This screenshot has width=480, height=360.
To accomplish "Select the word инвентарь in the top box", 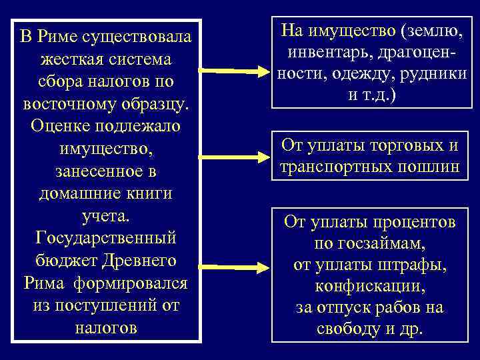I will tap(323, 52).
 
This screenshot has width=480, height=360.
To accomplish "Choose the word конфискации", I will tap(369, 287).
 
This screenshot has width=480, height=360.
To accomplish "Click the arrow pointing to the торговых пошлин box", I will tap(234, 157).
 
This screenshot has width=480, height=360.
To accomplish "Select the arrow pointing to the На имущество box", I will tap(234, 70).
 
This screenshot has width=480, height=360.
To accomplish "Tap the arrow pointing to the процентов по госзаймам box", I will tap(234, 268).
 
